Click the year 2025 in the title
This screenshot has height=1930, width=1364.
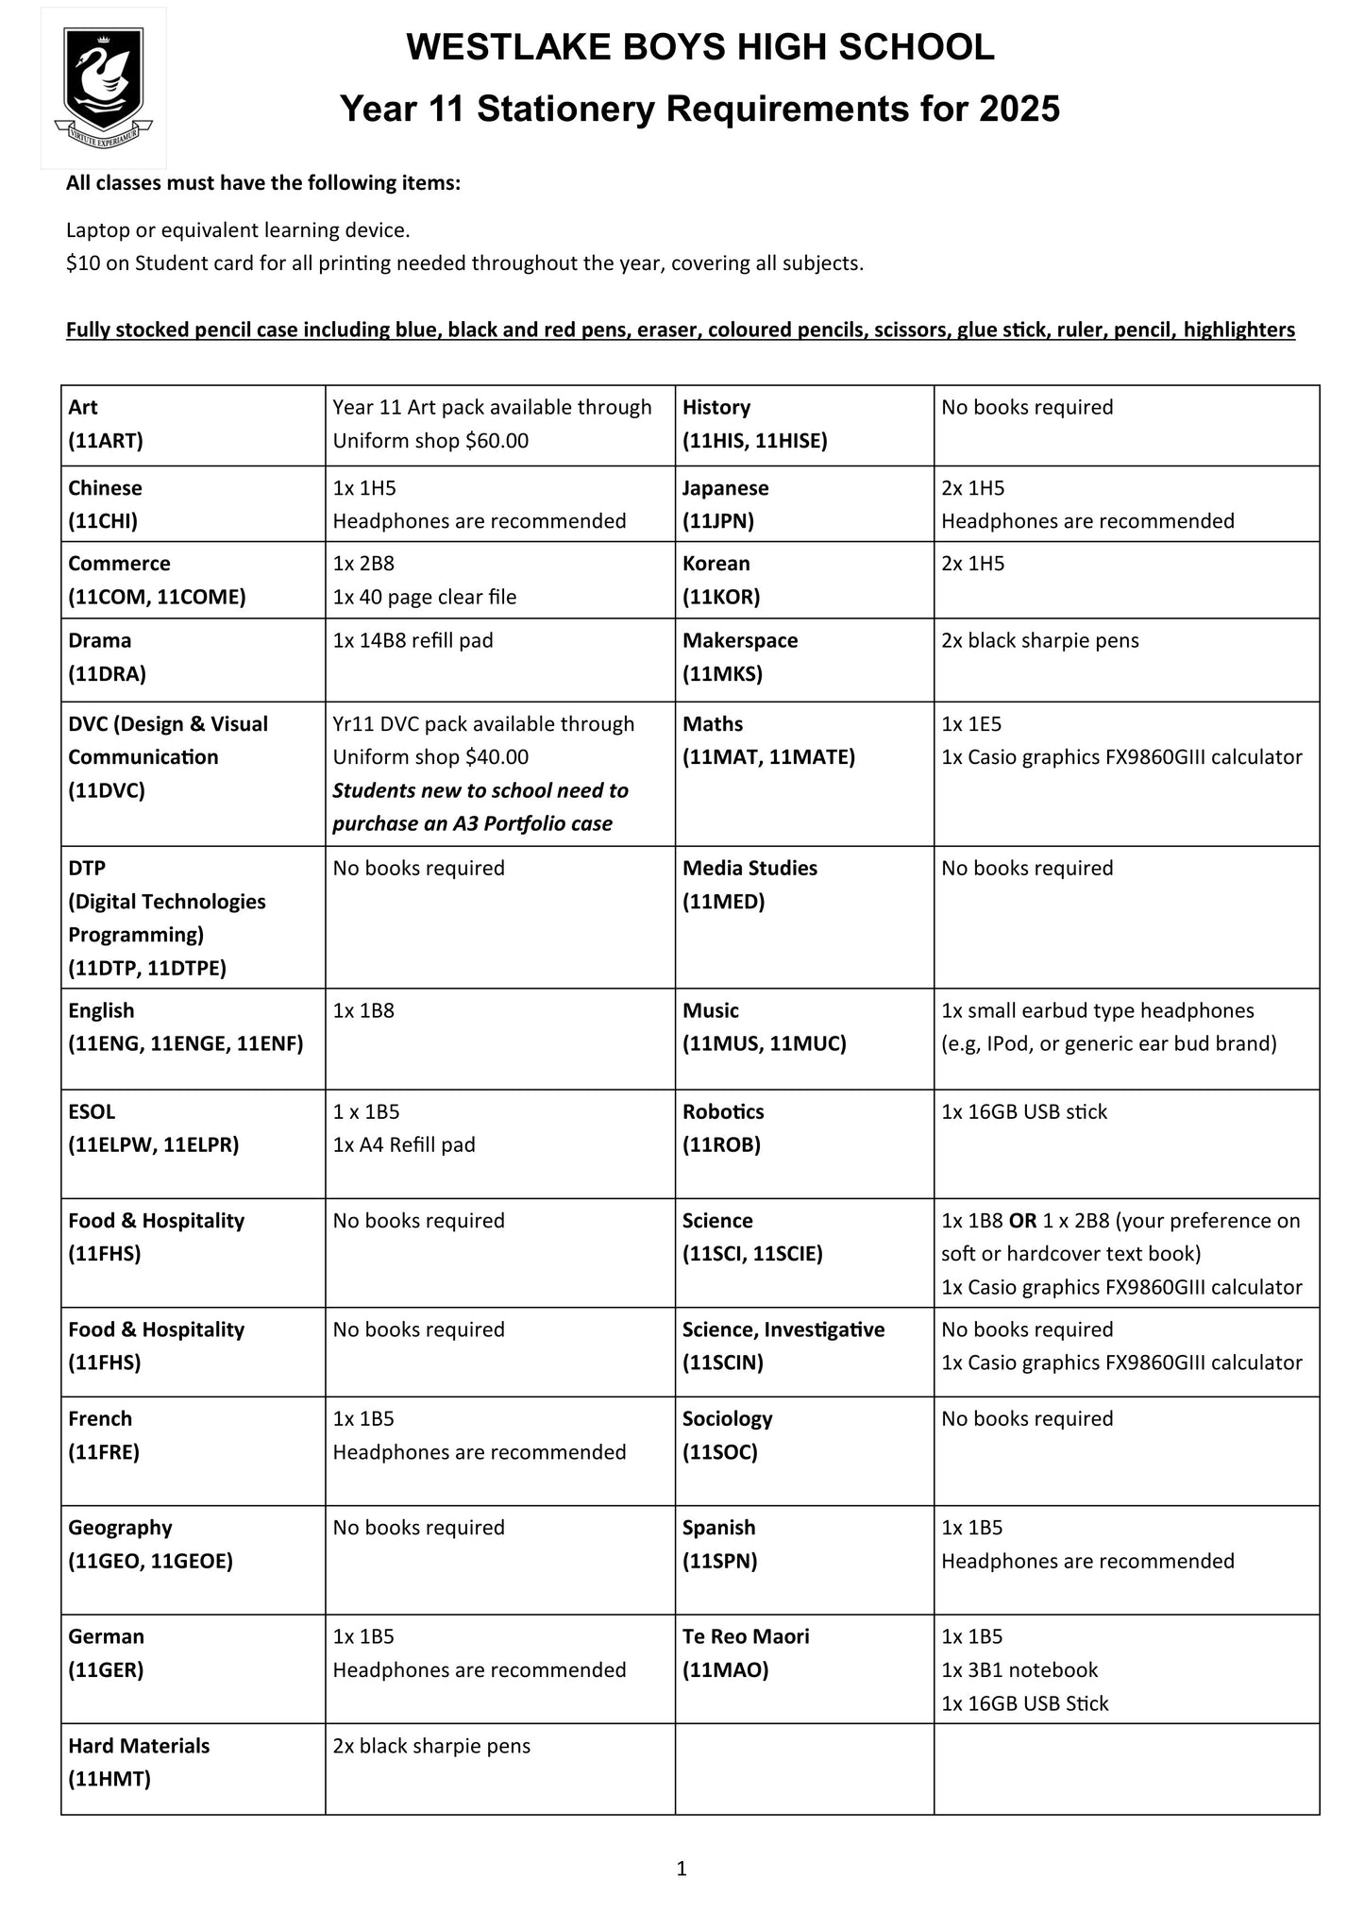(1019, 110)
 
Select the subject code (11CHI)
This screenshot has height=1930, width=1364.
(103, 521)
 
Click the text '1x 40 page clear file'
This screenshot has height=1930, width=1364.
(424, 597)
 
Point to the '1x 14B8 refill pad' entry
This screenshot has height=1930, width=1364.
(413, 640)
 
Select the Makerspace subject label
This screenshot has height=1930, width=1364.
(740, 640)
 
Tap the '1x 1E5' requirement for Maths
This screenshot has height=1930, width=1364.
(970, 724)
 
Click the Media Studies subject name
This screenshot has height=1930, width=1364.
(749, 868)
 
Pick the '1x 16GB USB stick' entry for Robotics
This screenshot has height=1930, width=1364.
(1023, 1111)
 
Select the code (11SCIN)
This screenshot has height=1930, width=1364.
(723, 1363)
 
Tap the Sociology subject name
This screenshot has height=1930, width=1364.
(727, 1418)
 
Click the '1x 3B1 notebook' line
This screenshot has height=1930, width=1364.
(1019, 1669)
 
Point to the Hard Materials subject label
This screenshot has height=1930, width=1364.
(139, 1746)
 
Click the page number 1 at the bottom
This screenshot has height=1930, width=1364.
(682, 1868)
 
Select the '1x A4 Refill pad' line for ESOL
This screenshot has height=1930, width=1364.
(404, 1144)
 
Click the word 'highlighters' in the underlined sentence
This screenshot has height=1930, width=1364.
(1238, 330)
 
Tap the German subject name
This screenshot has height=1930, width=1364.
(106, 1636)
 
